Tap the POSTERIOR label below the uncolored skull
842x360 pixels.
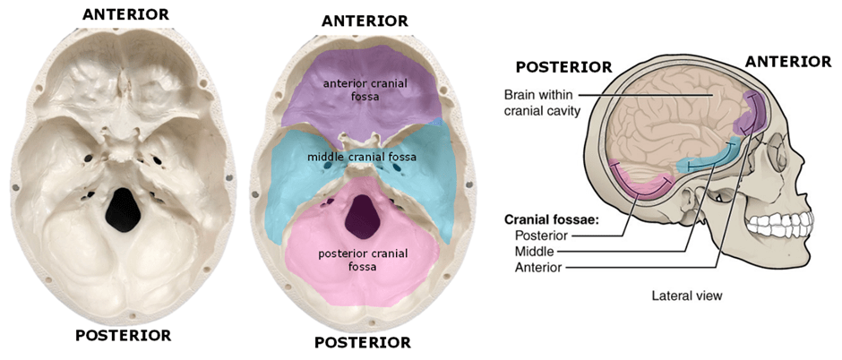[124, 336]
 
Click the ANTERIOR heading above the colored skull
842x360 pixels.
[365, 21]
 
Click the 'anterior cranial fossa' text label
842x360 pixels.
[363, 89]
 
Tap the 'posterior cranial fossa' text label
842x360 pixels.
[362, 260]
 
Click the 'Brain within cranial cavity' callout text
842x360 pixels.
[542, 102]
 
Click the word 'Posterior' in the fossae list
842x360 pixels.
[541, 235]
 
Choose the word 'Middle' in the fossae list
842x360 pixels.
[536, 251]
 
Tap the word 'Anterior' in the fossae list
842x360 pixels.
[539, 267]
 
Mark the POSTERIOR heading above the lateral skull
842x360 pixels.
[563, 67]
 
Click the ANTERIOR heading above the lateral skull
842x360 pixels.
[788, 61]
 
